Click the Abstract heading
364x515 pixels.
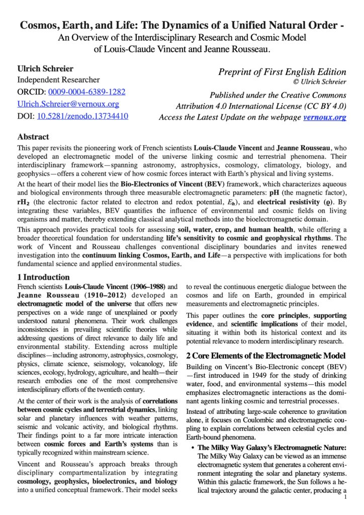click(x=33, y=137)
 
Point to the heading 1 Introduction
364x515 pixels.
click(x=43, y=277)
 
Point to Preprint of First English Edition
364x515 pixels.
click(x=282, y=72)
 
